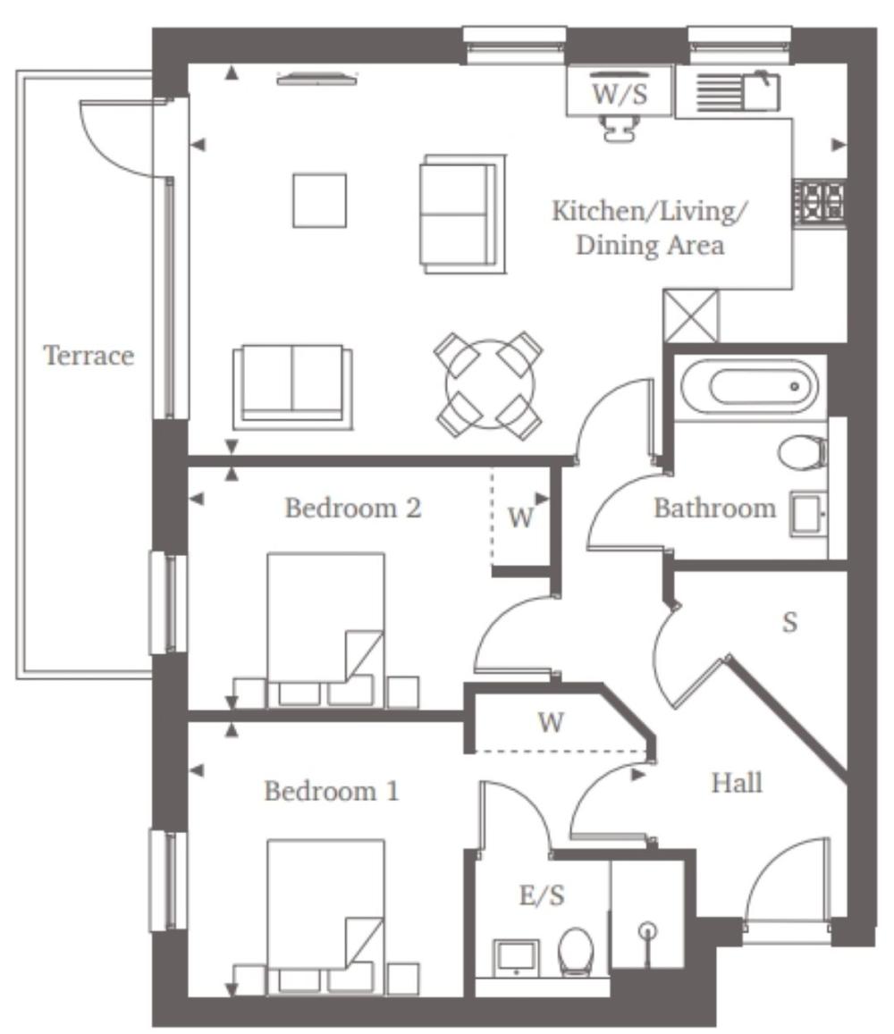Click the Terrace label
tap(89, 356)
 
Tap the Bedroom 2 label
tap(352, 508)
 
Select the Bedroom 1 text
tap(331, 791)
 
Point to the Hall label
tap(737, 783)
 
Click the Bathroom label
tap(714, 509)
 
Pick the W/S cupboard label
tap(620, 94)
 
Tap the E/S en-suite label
tap(542, 895)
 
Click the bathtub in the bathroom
tap(749, 387)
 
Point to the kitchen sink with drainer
tap(738, 91)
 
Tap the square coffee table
tap(319, 200)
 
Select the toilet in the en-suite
tap(576, 952)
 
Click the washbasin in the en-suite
tap(516, 957)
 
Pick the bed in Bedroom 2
tap(325, 630)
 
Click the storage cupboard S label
tap(789, 622)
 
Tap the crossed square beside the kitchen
tap(691, 315)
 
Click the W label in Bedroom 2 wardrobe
tap(520, 517)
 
